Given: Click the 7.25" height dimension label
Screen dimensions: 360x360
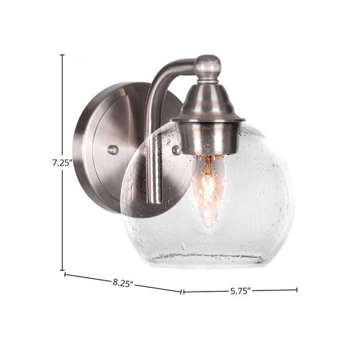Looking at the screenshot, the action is pyautogui.click(x=62, y=163).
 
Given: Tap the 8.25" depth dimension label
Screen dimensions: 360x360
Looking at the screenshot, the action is pyautogui.click(x=123, y=283).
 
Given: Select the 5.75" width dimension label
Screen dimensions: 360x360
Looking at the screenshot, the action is pyautogui.click(x=240, y=291).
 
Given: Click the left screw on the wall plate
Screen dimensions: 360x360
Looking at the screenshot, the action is pyautogui.click(x=113, y=149).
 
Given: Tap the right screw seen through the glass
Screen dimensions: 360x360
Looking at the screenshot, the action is pyautogui.click(x=177, y=149).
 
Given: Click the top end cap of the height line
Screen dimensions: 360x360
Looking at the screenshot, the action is pyautogui.click(x=62, y=55).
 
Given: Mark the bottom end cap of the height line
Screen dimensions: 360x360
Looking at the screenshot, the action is pyautogui.click(x=62, y=270).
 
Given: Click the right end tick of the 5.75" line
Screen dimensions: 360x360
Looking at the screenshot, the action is pyautogui.click(x=297, y=290).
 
